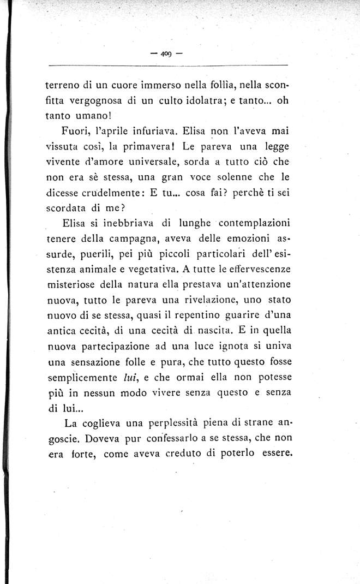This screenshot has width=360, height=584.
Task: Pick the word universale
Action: tap(159, 162)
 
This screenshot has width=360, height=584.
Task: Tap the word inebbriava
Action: tap(128, 223)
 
